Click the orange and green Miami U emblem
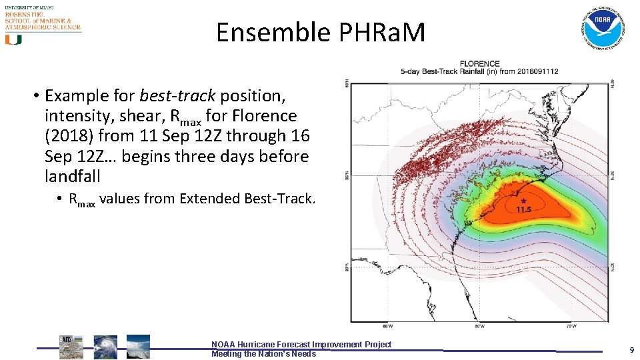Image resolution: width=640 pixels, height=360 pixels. coord(13,39)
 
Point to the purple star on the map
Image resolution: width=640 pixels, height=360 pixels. coord(523,200)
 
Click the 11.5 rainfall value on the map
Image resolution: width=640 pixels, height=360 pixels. coord(524,210)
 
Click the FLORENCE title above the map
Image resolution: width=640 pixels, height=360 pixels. coord(479,64)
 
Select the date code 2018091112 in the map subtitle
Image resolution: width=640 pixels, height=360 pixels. coord(537,71)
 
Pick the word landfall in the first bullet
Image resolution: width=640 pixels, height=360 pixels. coord(72,176)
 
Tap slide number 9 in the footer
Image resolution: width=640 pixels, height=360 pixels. coord(631,350)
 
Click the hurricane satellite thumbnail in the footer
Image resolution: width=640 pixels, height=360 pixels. coord(105,347)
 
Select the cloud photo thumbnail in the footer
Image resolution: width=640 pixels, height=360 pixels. coord(138,347)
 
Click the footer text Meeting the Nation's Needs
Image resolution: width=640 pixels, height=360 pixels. coord(263,354)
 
